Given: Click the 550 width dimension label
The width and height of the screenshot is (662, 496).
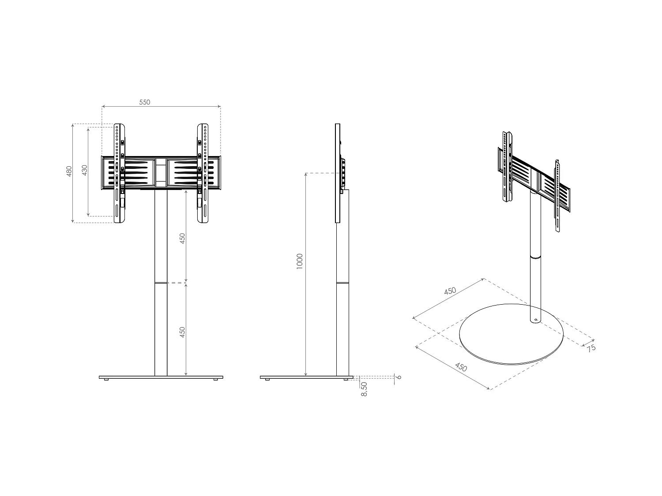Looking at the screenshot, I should point(145,102).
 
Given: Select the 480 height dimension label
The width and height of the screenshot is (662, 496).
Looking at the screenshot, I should point(69,171).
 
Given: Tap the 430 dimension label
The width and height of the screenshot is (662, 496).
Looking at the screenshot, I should point(84,170).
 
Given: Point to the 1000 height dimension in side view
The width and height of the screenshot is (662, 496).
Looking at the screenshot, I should point(300,261).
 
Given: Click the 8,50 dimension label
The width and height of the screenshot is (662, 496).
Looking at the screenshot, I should point(364,389).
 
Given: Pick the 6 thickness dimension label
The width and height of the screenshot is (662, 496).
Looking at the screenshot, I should point(399,377).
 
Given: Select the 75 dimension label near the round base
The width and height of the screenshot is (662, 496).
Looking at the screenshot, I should point(591,348).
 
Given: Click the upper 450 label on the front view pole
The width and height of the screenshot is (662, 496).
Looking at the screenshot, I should point(182,238).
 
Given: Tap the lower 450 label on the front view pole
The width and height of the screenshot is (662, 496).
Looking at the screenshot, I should point(182,332).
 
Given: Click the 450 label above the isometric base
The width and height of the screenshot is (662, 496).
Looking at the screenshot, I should point(450,291).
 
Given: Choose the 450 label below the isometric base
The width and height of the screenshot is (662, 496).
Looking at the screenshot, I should point(461,367).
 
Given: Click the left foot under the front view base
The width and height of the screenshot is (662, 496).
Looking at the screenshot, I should point(106,380).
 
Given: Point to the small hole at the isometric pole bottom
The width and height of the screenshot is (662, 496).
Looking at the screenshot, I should point(535,320).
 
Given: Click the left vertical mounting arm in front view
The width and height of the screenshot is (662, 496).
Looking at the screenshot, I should point(120,173).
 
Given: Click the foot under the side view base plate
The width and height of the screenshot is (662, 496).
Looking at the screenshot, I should point(267,380).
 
